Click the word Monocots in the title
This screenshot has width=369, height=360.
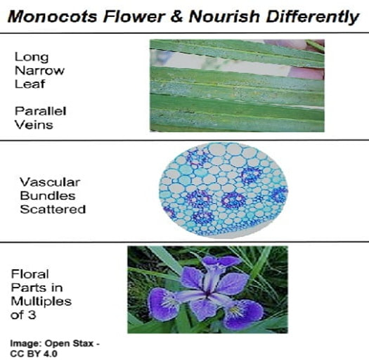coord(53,17)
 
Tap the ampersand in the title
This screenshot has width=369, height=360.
coord(176,17)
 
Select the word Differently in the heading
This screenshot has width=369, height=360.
coord(313,18)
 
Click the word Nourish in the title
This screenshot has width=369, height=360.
coord(224,17)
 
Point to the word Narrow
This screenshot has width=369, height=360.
coord(39,70)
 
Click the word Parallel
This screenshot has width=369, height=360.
coord(41,111)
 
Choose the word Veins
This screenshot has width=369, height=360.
coord(34,124)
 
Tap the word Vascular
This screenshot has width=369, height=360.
coord(50,182)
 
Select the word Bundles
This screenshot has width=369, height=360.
coord(48,196)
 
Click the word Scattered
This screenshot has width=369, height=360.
coord(53,210)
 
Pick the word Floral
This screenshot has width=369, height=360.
coord(30,274)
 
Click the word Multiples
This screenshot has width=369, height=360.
coord(41,302)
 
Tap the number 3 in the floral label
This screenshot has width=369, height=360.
coord(32,315)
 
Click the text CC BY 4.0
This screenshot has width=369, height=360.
coord(34,354)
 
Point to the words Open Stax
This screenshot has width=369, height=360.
coord(69,344)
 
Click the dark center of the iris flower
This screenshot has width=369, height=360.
coord(207,295)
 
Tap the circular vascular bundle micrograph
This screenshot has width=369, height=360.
coord(223,190)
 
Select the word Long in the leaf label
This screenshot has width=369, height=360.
coord(32,57)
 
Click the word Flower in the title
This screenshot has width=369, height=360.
coord(134,17)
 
